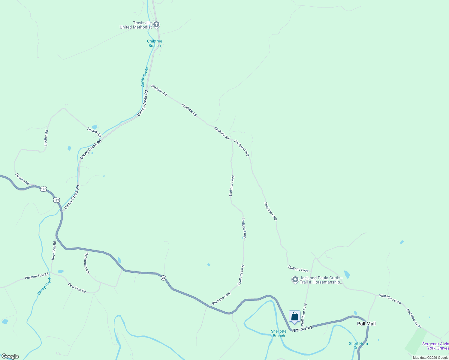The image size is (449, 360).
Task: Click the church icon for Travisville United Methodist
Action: pyautogui.click(x=156, y=25)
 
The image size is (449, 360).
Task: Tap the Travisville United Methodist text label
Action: pyautogui.click(x=136, y=25)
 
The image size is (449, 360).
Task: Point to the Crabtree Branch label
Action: pyautogui.click(x=155, y=43)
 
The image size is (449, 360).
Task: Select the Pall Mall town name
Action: pyautogui.click(x=366, y=324)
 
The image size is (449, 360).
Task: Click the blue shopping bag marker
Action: pyautogui.click(x=294, y=316)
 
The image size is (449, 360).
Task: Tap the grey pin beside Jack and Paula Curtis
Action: pyautogui.click(x=295, y=280)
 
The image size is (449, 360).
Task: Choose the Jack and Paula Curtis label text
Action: pyautogui.click(x=321, y=280)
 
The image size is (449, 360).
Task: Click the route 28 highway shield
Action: pyautogui.click(x=163, y=278)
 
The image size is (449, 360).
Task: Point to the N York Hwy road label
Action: pyautogui.click(x=302, y=328)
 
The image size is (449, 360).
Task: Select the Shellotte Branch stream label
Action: pyautogui.click(x=279, y=334)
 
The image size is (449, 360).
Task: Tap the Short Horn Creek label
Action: pyautogui.click(x=358, y=346)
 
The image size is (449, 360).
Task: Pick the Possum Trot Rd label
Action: pyautogui.click(x=37, y=276)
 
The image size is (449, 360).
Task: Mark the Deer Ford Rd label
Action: pyautogui.click(x=77, y=288)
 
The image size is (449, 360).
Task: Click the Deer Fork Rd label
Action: pyautogui.click(x=54, y=250)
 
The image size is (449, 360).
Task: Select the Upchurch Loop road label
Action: pyautogui.click(x=87, y=263)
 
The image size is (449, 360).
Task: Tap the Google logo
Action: pyautogui.click(x=10, y=356)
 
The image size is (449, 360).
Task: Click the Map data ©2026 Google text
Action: pyautogui.click(x=430, y=358)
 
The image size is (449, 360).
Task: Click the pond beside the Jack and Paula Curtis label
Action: pyautogui.click(x=347, y=274)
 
